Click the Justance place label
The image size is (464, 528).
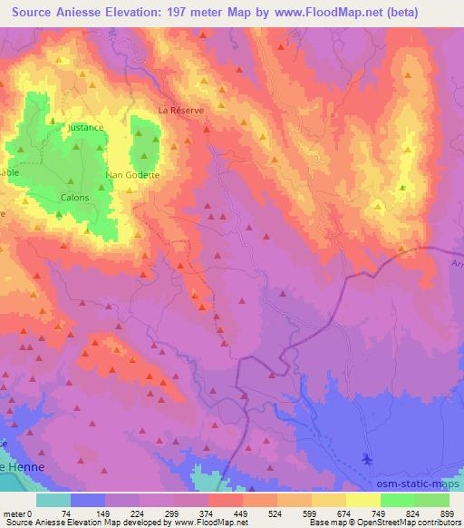pos(86,128)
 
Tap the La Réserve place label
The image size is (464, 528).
pos(181,110)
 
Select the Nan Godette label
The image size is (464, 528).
pos(132,174)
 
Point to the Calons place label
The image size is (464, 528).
pos(73,197)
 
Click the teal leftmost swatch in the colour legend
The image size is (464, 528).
pos(53,500)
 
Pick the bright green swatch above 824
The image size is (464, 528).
pos(397,500)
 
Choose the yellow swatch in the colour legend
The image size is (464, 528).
pos(362,500)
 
